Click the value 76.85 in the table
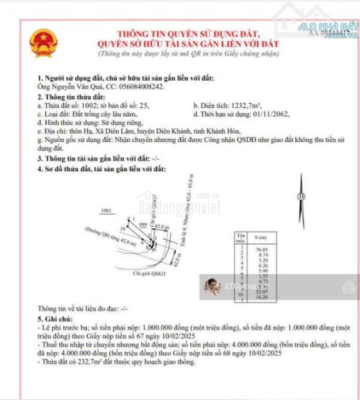click(262, 248)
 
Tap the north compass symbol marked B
click(301, 197)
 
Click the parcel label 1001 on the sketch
click(105, 211)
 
